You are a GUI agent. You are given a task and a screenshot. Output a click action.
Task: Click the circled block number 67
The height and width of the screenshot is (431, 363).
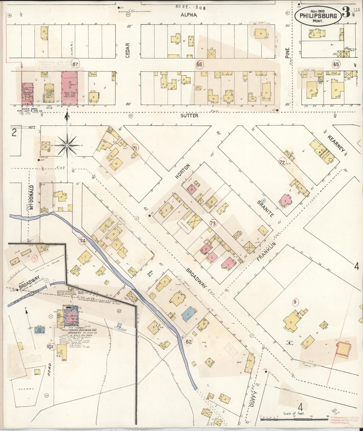(75, 64)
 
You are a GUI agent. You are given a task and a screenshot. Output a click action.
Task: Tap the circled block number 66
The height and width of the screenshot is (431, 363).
(199, 65)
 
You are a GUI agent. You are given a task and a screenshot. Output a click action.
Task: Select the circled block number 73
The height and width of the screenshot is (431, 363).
(213, 223)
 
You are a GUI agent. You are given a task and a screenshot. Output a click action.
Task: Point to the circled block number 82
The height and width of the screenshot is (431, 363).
(189, 341)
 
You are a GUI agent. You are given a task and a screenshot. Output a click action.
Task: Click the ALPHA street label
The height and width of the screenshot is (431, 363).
(188, 15)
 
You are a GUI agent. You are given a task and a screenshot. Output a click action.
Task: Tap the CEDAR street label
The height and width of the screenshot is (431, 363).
(128, 51)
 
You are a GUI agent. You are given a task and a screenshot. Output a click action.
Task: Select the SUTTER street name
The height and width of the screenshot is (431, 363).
(189, 116)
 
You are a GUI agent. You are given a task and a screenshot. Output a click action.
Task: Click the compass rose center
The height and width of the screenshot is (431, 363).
(67, 146)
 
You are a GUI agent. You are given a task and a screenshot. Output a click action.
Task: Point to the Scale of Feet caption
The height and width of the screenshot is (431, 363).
(293, 413)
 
